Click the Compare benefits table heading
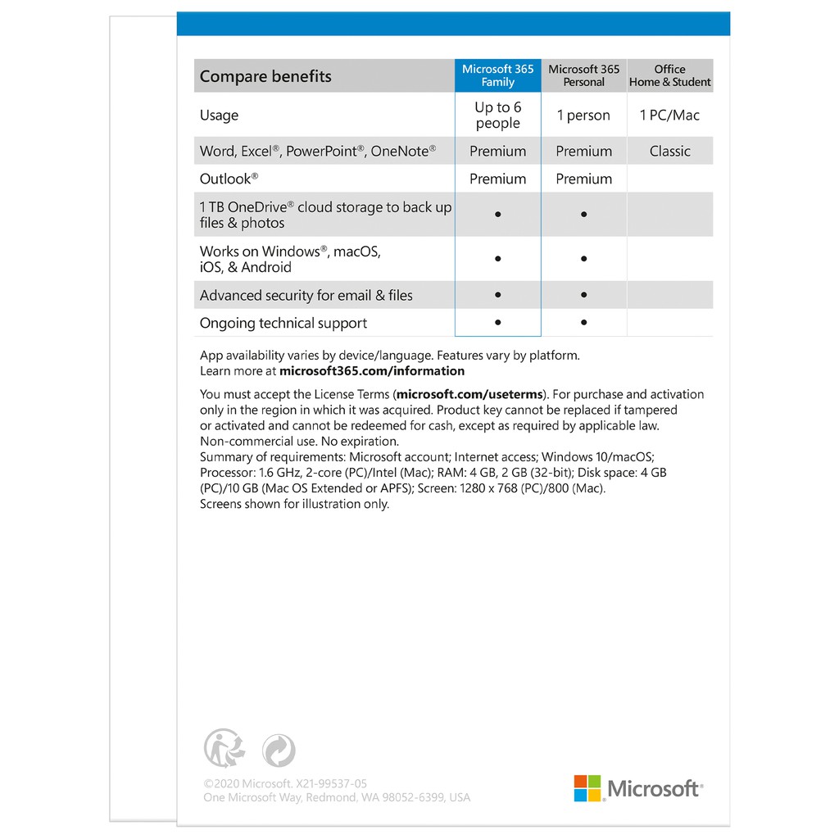pos(265,76)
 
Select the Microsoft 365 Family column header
pos(498,75)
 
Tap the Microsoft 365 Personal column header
pos(584,75)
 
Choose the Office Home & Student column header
pos(669,75)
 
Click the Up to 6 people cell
pos(498,115)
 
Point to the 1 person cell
pos(583,116)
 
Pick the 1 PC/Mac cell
pos(669,116)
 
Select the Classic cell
pos(669,151)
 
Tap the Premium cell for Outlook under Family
pos(498,179)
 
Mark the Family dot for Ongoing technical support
pos(498,323)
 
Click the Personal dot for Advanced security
pos(583,295)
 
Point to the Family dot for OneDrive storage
pos(498,215)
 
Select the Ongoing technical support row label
pos(283,323)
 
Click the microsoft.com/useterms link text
pos(469,394)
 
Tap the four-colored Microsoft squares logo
pos(587,788)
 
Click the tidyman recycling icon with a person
pos(224,748)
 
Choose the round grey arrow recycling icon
pos(279,751)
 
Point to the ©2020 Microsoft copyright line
pos(285,783)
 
